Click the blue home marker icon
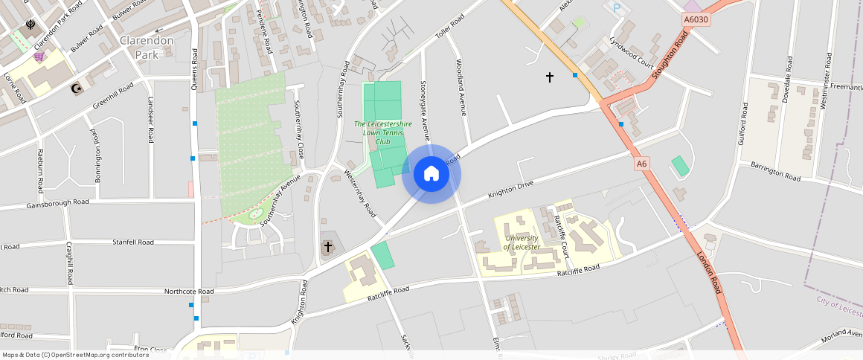pyautogui.click(x=431, y=174)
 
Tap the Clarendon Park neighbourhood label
pyautogui.click(x=146, y=47)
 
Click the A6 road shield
pyautogui.click(x=642, y=163)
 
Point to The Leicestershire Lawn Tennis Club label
pyautogui.click(x=382, y=132)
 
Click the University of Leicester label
pyautogui.click(x=522, y=242)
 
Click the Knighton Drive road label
pyautogui.click(x=511, y=189)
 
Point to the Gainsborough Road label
pyautogui.click(x=57, y=203)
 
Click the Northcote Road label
pyautogui.click(x=189, y=292)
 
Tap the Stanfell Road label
pyautogui.click(x=133, y=242)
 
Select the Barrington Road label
pyautogui.click(x=775, y=173)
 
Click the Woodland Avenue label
pyautogui.click(x=461, y=87)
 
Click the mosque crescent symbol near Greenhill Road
pyautogui.click(x=74, y=89)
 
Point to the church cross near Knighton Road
pyautogui.click(x=327, y=246)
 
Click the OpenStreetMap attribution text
pyautogui.click(x=75, y=355)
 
